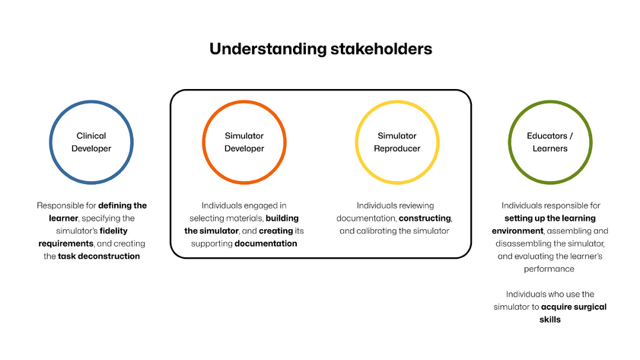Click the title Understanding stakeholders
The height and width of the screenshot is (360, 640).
click(320, 49)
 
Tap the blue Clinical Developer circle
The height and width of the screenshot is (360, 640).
click(91, 142)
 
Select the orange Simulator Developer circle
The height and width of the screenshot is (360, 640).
click(244, 142)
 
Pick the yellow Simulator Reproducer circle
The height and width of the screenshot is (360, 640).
click(396, 142)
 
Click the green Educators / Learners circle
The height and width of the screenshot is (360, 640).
click(549, 142)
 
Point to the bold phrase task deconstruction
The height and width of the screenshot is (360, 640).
click(99, 256)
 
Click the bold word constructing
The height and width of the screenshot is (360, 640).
click(425, 218)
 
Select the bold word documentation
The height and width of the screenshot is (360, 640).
click(266, 244)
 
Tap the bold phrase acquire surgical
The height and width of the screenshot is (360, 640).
click(574, 307)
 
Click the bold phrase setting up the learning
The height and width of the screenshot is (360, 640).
click(549, 218)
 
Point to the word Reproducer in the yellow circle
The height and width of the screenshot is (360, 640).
click(396, 148)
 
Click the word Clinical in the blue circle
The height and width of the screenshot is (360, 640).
click(91, 135)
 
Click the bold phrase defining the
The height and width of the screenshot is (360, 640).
click(123, 205)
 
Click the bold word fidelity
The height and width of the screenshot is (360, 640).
click(124, 231)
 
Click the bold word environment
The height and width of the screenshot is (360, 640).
click(517, 231)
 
